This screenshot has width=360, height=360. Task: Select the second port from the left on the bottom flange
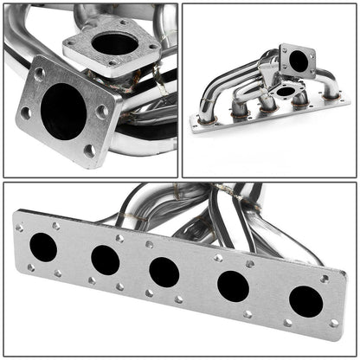click(x=105, y=259)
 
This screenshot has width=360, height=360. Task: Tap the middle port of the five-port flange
click(x=164, y=272)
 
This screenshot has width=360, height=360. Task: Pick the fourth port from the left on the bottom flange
click(x=233, y=285)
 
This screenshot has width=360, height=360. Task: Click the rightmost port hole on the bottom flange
click(x=305, y=300)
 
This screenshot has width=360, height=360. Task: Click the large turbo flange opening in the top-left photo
click(x=63, y=109)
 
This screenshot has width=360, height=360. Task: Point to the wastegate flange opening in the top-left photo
click(x=112, y=43)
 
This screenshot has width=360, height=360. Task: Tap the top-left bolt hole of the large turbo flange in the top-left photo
click(x=40, y=73)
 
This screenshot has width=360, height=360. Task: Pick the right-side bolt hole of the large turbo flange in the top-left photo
click(x=103, y=111)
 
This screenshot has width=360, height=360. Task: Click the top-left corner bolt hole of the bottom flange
click(x=20, y=227)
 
